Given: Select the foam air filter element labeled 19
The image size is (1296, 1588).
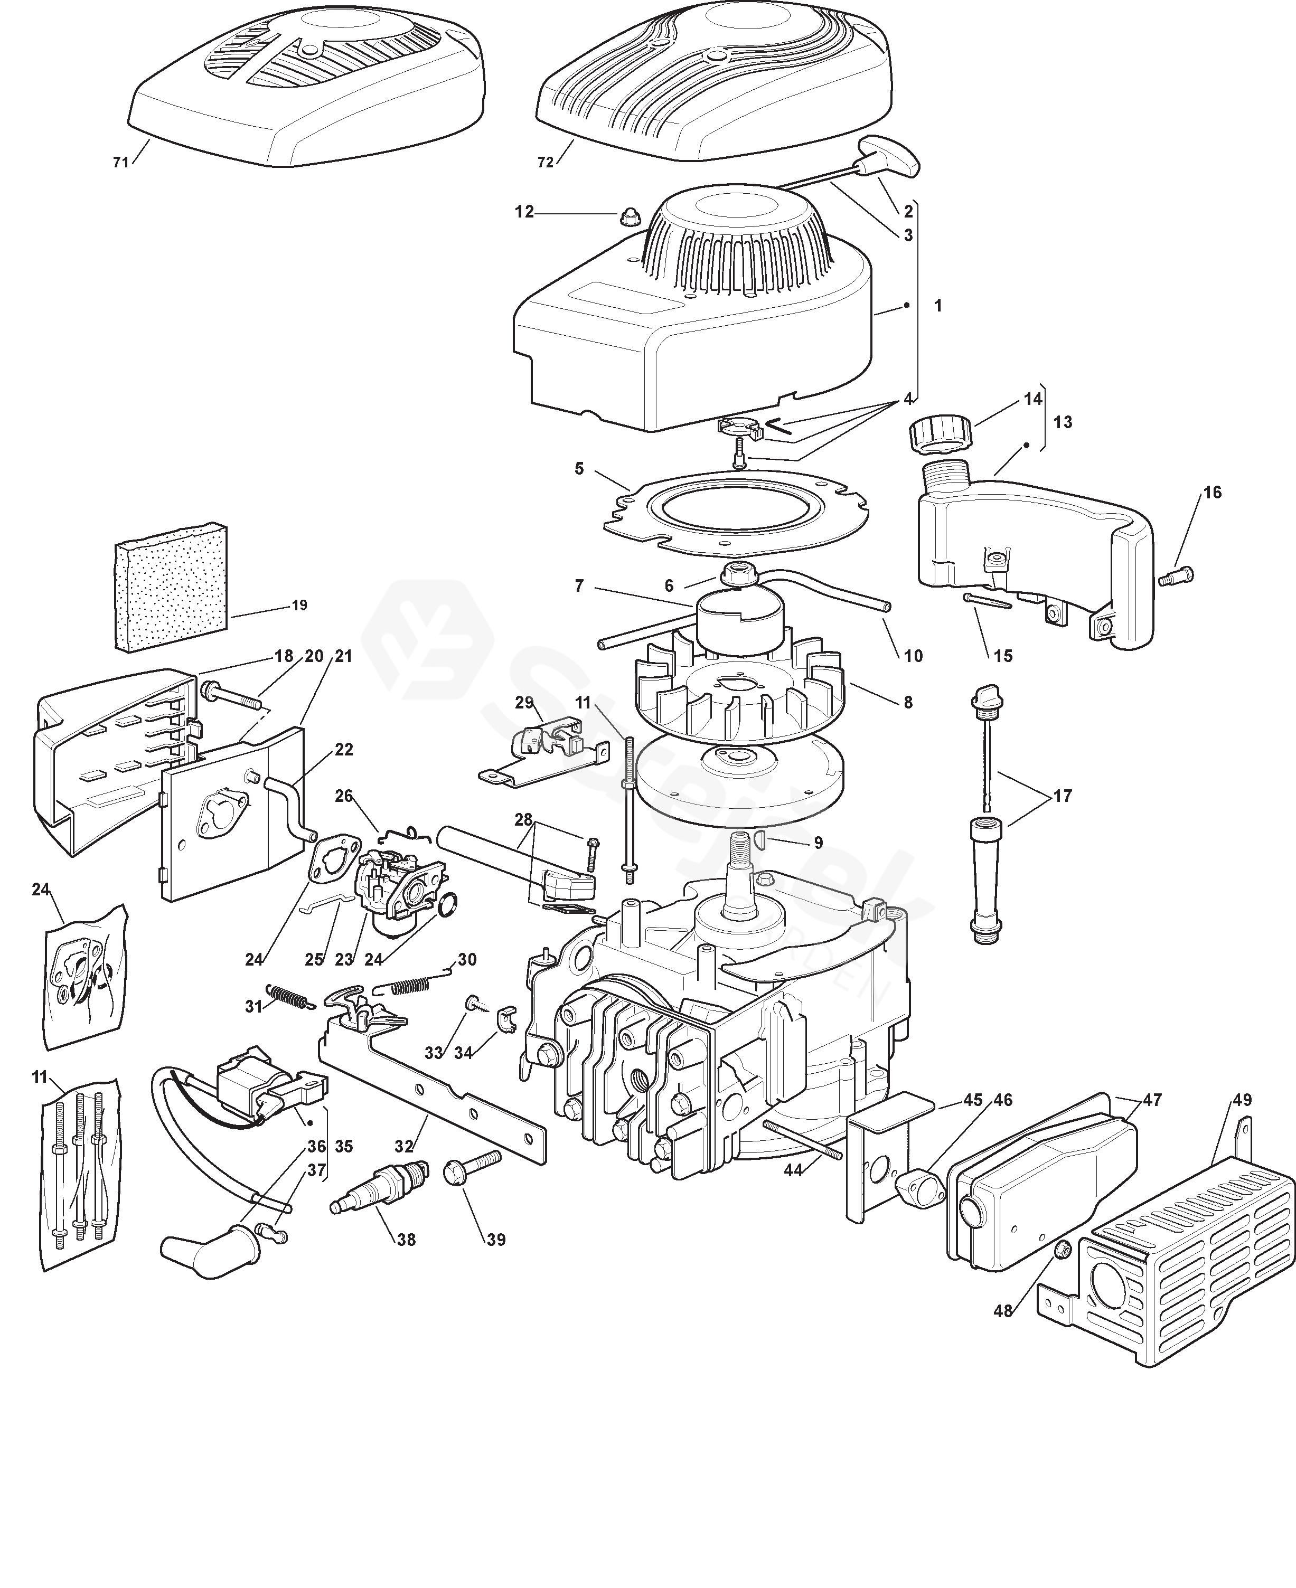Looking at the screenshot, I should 171,587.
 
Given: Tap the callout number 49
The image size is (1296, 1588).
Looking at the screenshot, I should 1242,1100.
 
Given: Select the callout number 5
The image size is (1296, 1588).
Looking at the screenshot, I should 579,469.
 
